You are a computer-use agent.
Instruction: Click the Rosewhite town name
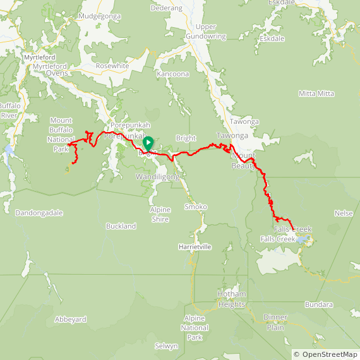[x=112, y=66]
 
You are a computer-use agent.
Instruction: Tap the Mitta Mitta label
[x=316, y=93]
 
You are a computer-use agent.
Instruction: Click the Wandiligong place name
[x=157, y=177]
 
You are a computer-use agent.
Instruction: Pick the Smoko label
[x=195, y=207]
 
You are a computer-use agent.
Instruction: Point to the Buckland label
[x=122, y=226]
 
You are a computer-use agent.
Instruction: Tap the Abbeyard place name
[x=70, y=320]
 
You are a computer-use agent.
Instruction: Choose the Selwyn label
[x=167, y=346]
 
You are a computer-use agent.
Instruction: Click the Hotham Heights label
[x=231, y=299]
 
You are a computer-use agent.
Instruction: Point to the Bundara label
[x=318, y=304]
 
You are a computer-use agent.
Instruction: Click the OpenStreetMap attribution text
[x=325, y=354]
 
